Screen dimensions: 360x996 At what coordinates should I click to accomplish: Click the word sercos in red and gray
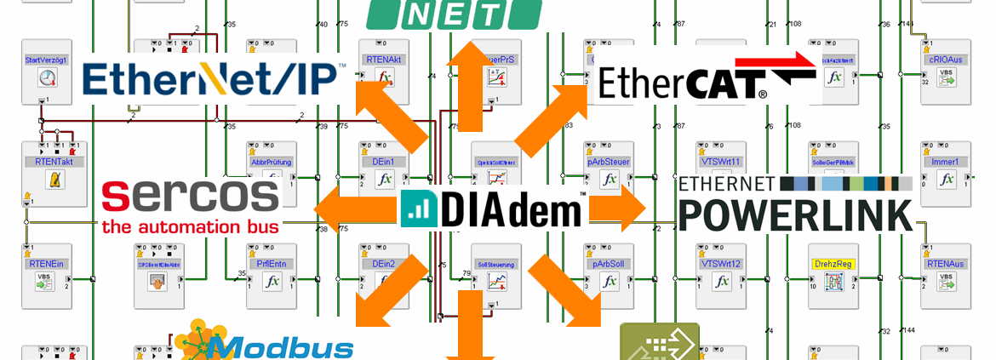pos(190,197)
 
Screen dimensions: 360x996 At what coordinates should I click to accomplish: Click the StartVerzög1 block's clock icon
pos(46,79)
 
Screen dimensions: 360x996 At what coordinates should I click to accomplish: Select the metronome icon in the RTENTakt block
pos(55,180)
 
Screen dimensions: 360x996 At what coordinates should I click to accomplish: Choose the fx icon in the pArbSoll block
pos(609,283)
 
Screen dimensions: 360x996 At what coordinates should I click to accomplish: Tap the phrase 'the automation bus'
pos(190,227)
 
